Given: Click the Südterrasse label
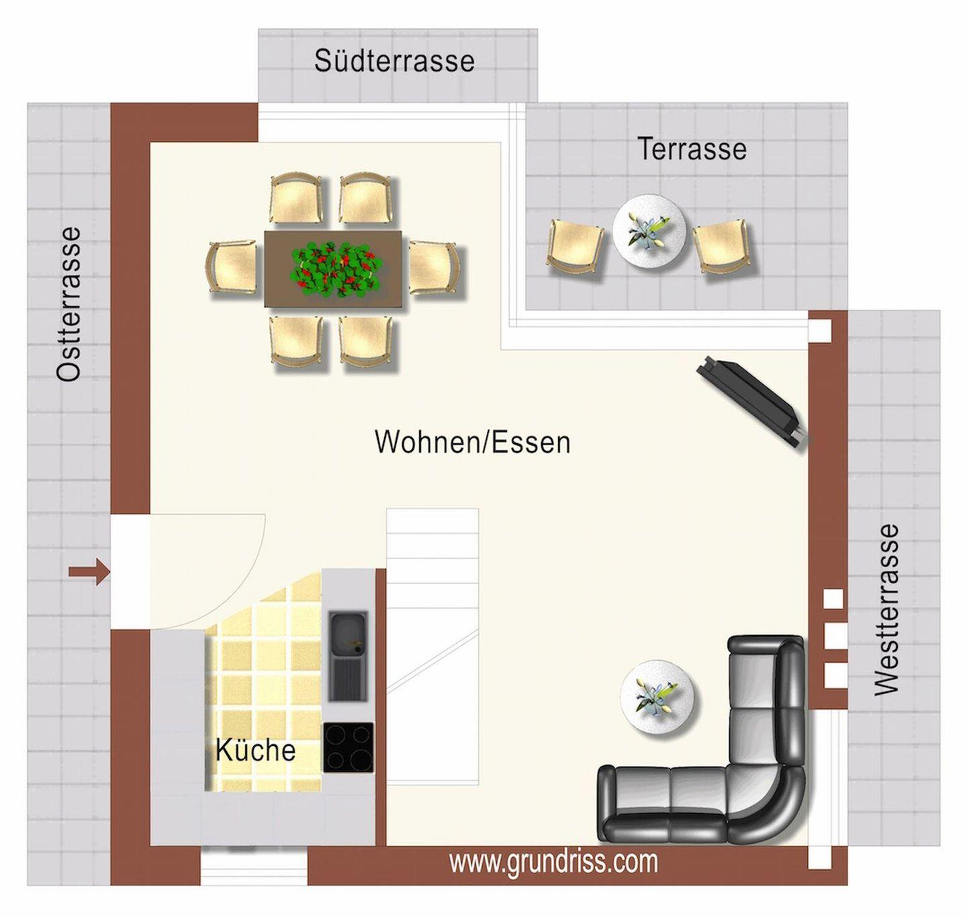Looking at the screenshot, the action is (394, 61).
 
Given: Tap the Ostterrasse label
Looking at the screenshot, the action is (68, 304).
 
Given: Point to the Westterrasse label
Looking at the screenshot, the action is (886, 610).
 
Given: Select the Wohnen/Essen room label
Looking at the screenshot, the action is (472, 442).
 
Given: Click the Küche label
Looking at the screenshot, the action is (255, 750).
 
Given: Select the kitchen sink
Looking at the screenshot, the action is (349, 655).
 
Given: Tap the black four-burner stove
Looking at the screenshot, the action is (349, 747).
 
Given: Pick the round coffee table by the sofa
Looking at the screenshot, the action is (657, 697).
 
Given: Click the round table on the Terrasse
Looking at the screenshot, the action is (650, 231).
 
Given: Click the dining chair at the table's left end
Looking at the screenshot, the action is (232, 268).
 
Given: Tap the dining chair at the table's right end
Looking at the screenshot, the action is (434, 268).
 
